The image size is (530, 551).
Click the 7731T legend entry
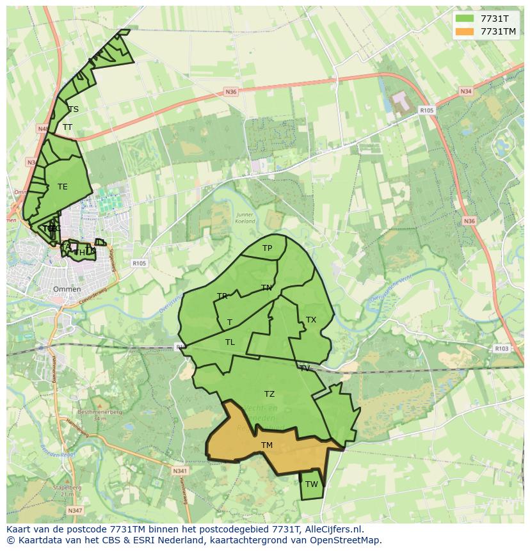coord(494,19)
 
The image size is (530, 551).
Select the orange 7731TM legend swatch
coord(465,31)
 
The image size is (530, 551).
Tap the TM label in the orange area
coord(267,445)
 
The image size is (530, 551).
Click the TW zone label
coord(311,484)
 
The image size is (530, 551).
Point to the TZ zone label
coord(269,394)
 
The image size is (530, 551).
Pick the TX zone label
coord(311,319)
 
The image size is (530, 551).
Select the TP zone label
coord(267,248)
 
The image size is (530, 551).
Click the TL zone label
coord(230,342)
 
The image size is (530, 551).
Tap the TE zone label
coord(62,186)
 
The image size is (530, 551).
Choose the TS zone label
coord(74,109)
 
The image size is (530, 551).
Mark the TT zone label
coord(67,127)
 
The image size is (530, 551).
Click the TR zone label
coord(222,296)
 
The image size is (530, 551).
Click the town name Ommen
coord(67,289)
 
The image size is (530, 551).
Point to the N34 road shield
coord(465,92)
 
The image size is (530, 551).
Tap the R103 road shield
coord(501,349)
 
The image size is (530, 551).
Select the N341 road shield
coord(180,471)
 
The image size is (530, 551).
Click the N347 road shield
coord(75,510)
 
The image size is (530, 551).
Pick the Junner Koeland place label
coord(245,218)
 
